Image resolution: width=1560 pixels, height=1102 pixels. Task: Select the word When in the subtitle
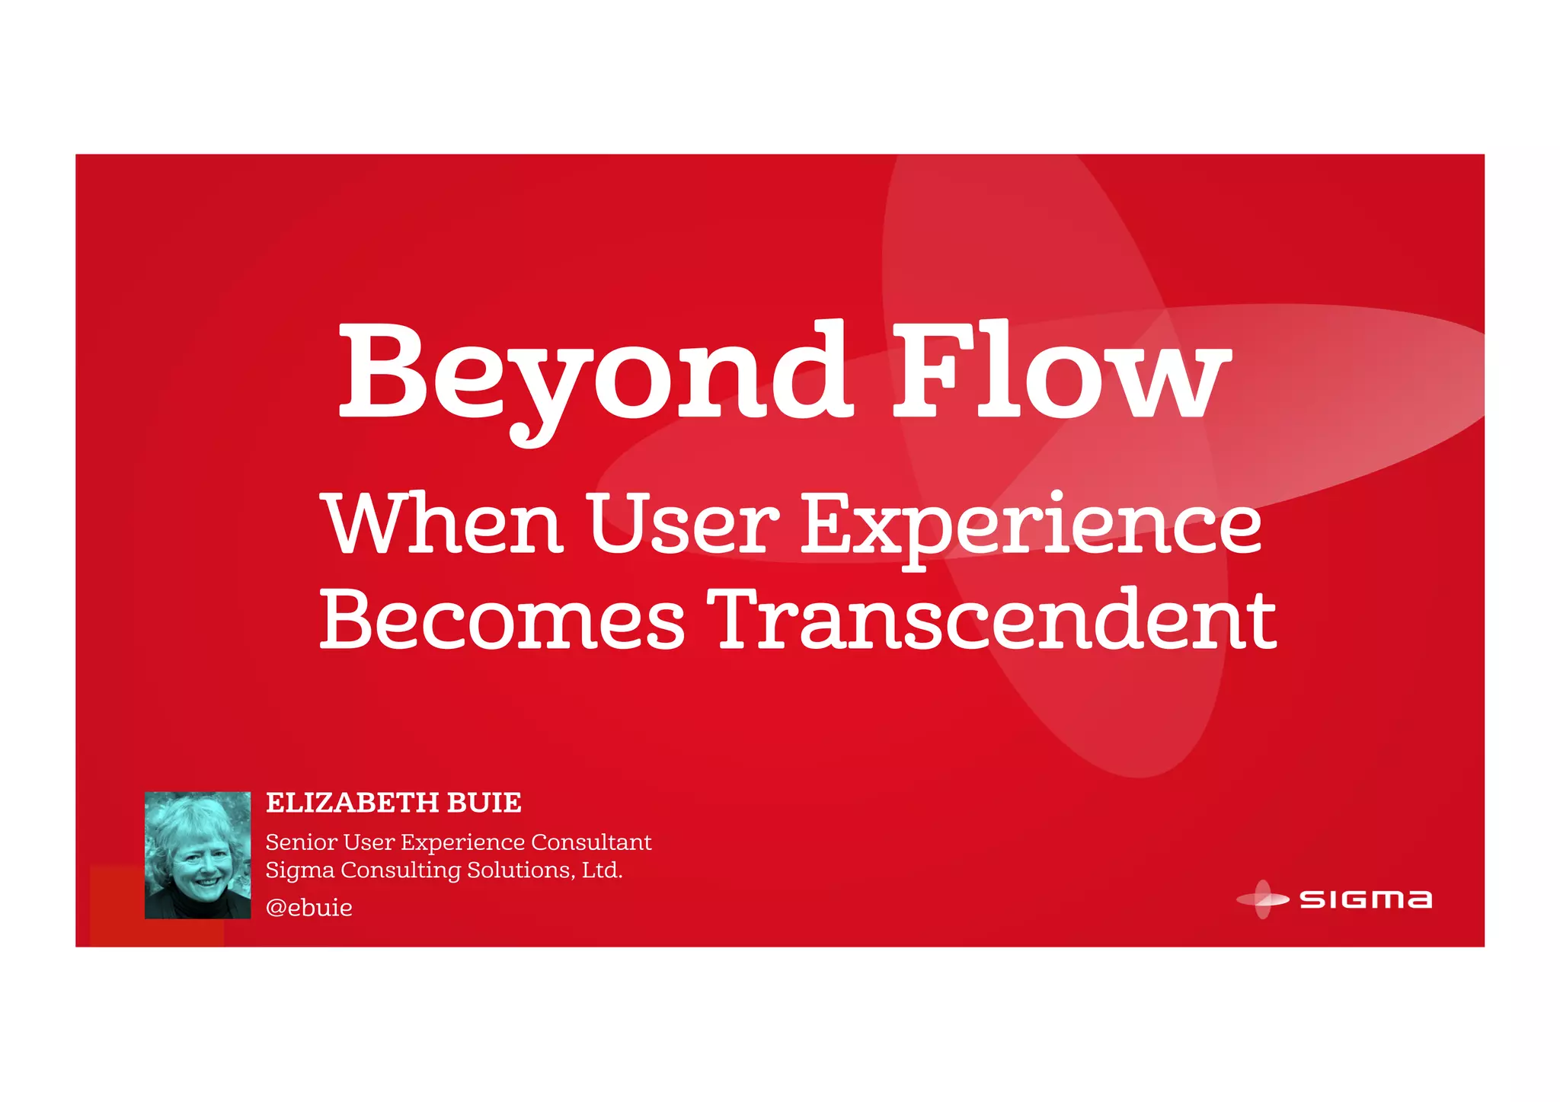click(x=445, y=524)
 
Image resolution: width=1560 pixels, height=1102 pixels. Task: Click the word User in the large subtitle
click(x=682, y=524)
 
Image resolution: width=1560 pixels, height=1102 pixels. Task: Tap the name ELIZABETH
click(x=352, y=803)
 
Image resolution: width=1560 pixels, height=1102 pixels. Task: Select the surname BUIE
click(x=484, y=803)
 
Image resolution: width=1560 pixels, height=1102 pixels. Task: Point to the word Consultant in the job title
click(x=591, y=842)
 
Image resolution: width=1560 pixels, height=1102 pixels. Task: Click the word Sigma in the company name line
click(x=299, y=870)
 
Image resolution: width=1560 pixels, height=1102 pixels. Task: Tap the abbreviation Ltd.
click(x=603, y=870)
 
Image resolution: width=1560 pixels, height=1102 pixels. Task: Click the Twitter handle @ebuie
click(x=309, y=908)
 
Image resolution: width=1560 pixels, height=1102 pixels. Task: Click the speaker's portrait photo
click(x=197, y=854)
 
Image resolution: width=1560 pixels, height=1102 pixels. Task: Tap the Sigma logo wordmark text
click(x=1365, y=899)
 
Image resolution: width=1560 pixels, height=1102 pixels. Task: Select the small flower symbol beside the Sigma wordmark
click(x=1262, y=899)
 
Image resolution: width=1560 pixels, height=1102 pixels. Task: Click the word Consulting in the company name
click(x=401, y=870)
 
